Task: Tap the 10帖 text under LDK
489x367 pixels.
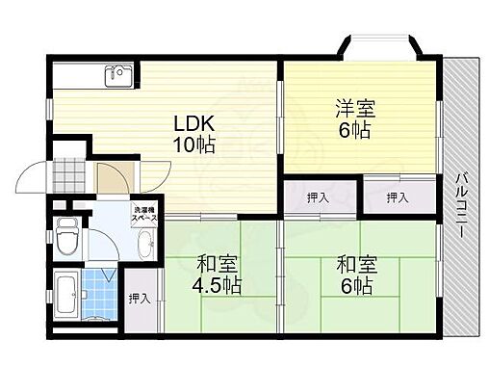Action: [193, 145]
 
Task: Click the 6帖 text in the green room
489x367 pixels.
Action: [355, 285]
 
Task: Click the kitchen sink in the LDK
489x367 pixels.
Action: [118, 74]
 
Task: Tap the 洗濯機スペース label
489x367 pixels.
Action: [144, 214]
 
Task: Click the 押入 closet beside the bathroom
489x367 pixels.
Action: [140, 298]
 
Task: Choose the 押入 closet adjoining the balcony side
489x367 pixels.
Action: [397, 198]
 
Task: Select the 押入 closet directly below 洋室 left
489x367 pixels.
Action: [317, 198]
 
